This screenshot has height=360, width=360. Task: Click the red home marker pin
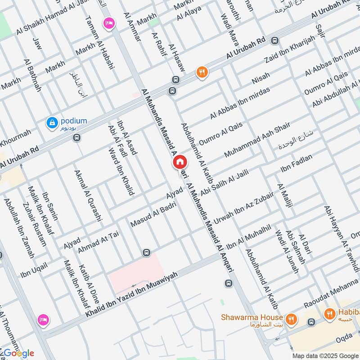click(179, 162)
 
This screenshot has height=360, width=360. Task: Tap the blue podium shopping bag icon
click(53, 122)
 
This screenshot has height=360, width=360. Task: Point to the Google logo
click(18, 353)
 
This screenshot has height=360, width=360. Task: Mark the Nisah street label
click(261, 79)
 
